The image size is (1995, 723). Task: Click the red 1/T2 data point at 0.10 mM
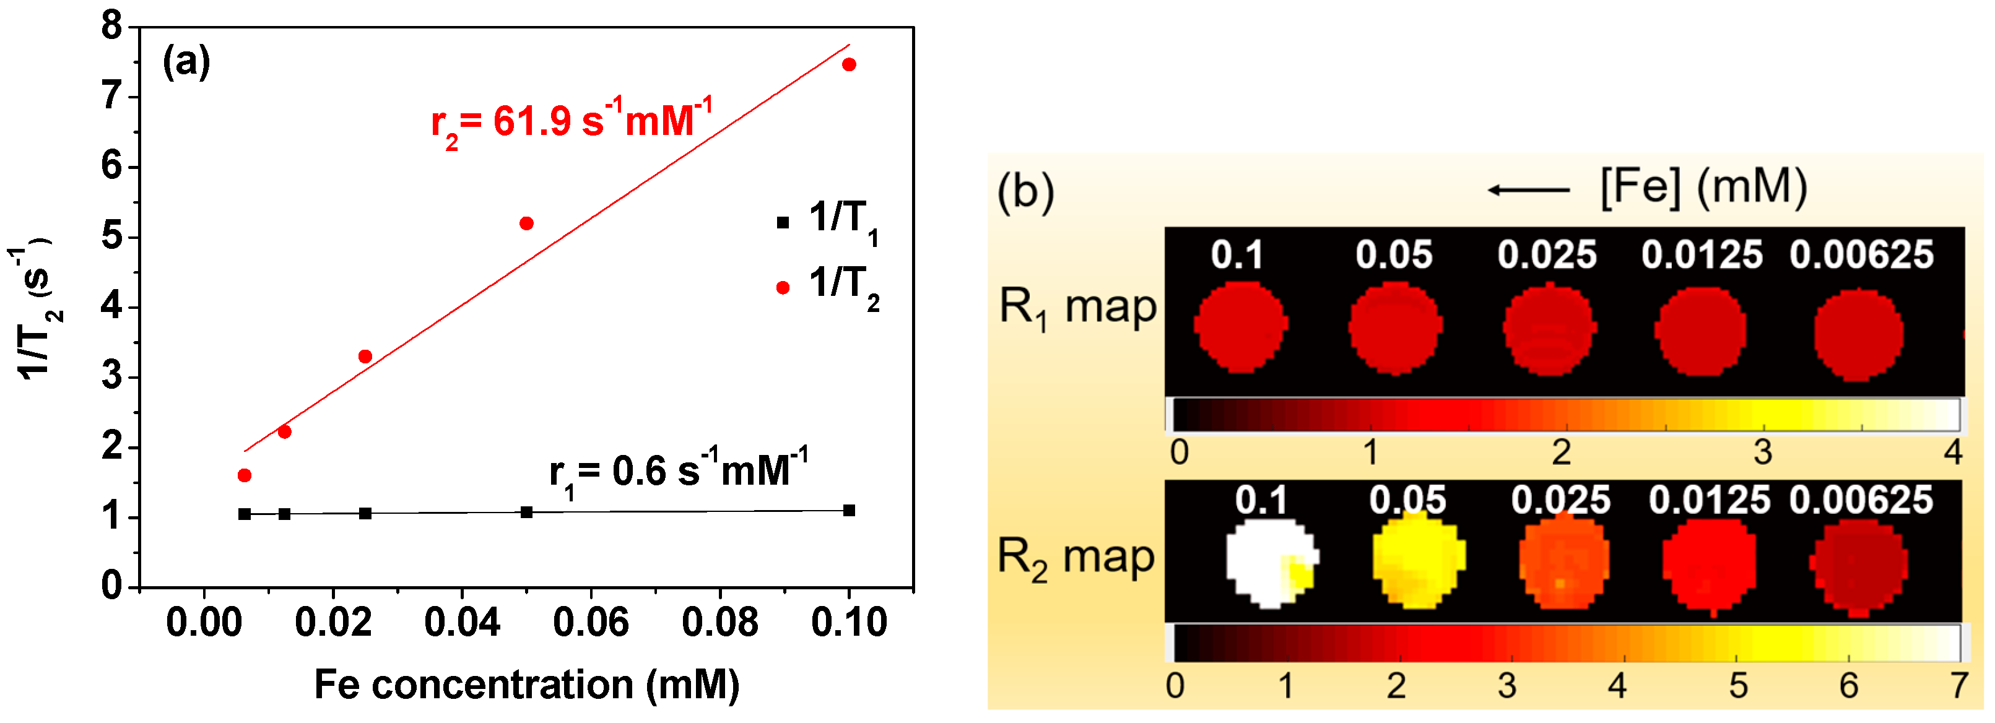[849, 64]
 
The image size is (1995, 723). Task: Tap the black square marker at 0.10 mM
[849, 510]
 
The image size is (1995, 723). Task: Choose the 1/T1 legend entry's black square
[782, 223]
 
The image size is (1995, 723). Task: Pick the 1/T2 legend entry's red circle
[782, 288]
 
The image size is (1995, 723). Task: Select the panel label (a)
[186, 62]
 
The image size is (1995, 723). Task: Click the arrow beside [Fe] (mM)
[1528, 189]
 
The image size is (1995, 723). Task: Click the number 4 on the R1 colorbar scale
[1952, 452]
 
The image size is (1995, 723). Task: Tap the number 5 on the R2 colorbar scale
[1738, 686]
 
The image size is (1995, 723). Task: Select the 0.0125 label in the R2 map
[1708, 500]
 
